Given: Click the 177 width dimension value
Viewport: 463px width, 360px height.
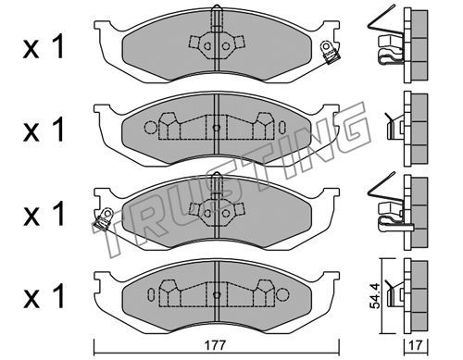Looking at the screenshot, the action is (x=217, y=345).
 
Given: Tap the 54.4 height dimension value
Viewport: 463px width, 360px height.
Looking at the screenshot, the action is (x=375, y=296).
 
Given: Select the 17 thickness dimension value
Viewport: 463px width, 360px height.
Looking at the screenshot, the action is (x=416, y=345).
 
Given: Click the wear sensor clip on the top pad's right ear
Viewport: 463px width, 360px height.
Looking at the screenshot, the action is (x=331, y=53).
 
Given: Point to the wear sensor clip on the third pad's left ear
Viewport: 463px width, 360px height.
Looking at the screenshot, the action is (x=102, y=219).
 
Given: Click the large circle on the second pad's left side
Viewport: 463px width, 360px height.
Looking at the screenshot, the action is (x=151, y=128).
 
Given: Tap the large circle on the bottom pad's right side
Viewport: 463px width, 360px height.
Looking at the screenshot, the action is (x=282, y=294).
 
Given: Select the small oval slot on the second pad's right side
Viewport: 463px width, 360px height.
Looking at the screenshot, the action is (x=282, y=128).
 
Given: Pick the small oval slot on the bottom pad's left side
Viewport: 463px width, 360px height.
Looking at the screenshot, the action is (x=151, y=293).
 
